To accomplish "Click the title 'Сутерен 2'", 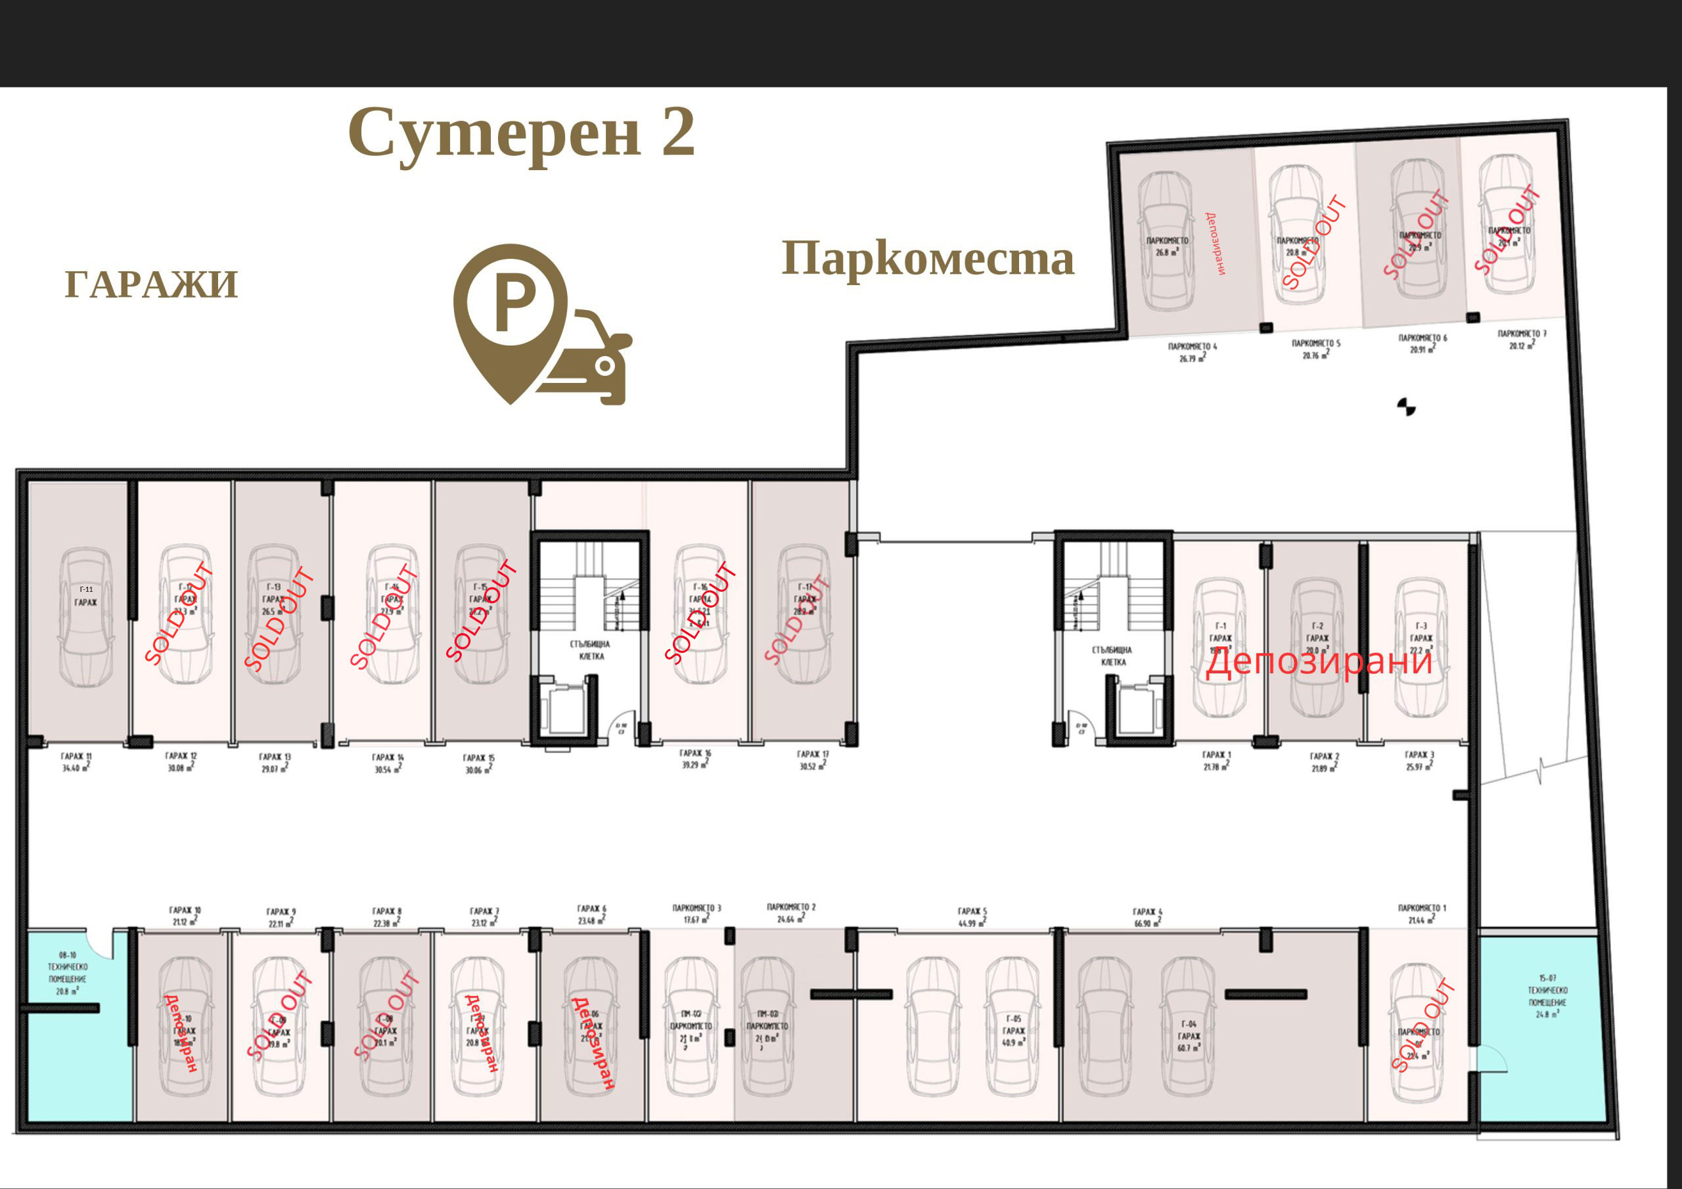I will tap(521, 133).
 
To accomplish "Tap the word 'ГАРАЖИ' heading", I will tap(152, 285).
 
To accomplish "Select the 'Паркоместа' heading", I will tap(928, 259).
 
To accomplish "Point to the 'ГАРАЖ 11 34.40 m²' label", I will tap(76, 763).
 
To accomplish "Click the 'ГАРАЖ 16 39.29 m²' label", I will tap(695, 759).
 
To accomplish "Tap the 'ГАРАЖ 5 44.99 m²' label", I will tap(972, 917).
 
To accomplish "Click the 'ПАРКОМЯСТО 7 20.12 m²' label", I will tap(1522, 339).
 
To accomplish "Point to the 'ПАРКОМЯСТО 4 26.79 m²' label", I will tap(1193, 352).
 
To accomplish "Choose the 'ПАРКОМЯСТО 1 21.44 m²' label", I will tap(1422, 914).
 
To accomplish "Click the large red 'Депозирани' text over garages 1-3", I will tap(1319, 662).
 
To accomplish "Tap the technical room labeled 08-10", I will tap(68, 973).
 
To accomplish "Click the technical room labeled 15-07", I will tap(1547, 997).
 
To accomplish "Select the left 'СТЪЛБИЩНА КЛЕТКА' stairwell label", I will tap(591, 650).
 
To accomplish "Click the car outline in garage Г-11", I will tap(85, 617).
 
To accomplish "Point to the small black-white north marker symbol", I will tap(1406, 407).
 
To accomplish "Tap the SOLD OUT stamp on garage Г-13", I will tap(279, 619).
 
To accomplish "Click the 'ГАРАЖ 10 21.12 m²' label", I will tap(186, 916).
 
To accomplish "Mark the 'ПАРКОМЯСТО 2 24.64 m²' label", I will tap(791, 912).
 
